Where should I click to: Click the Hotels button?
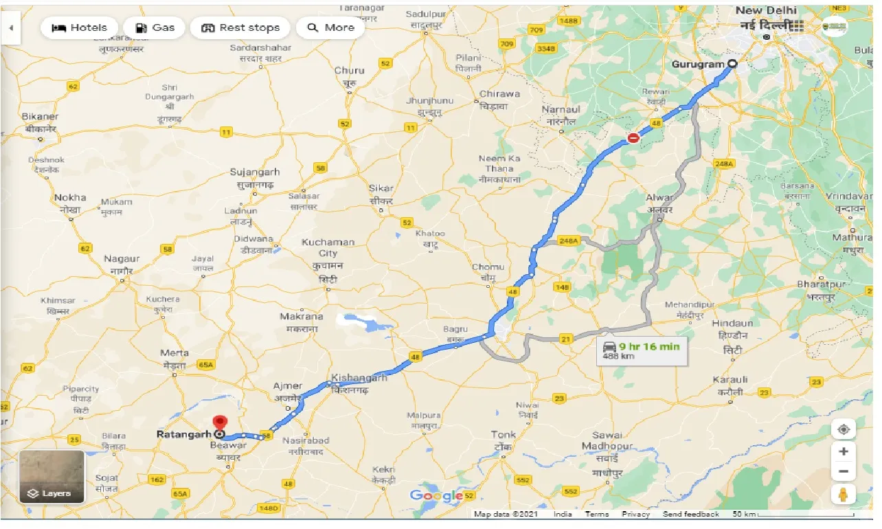(x=80, y=28)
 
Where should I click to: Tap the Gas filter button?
(x=155, y=28)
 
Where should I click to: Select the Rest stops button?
(x=240, y=28)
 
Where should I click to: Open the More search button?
(x=330, y=28)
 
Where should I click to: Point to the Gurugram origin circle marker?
(x=732, y=64)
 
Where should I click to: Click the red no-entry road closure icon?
(x=633, y=138)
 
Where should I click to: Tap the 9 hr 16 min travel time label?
(x=648, y=346)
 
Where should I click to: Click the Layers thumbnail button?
(x=52, y=476)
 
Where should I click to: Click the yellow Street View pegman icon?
(x=844, y=493)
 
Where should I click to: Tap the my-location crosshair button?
(x=844, y=430)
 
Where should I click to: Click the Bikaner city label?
(x=40, y=117)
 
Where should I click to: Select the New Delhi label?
(x=766, y=10)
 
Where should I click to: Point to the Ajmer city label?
(x=287, y=386)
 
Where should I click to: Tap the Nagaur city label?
(x=122, y=259)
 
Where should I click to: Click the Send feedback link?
(x=690, y=514)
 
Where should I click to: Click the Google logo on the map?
(x=436, y=495)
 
